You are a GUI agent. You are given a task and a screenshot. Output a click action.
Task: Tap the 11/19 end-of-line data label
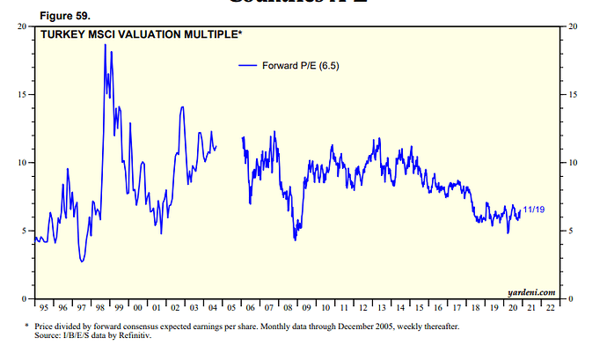tap(533, 209)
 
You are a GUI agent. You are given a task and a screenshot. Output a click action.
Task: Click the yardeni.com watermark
tap(532, 291)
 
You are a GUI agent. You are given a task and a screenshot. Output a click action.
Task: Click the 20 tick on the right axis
tap(573, 26)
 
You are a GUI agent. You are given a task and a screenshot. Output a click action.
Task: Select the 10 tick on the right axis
tap(573, 163)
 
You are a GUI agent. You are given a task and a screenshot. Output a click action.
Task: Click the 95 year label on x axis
tap(44, 308)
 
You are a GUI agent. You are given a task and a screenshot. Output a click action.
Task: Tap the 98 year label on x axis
tap(100, 308)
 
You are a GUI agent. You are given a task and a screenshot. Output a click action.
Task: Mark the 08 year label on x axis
tap(289, 308)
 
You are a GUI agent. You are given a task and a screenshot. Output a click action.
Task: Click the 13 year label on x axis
tap(383, 308)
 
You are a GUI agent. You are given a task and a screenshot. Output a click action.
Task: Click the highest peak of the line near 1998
tap(106, 44)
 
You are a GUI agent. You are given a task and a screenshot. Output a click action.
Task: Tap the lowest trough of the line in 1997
tap(82, 261)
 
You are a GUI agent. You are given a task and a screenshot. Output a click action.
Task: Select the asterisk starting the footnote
tap(26, 327)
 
